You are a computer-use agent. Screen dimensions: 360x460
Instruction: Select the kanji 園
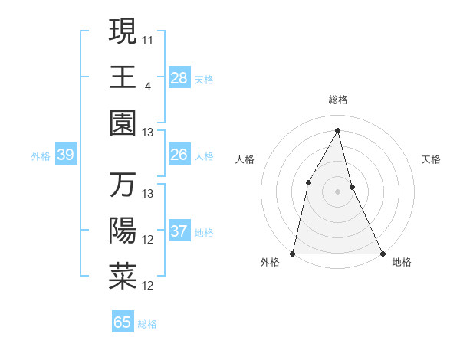(123, 124)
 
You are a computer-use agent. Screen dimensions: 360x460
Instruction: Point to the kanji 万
(123, 185)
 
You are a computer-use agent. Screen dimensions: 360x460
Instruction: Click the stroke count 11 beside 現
(148, 38)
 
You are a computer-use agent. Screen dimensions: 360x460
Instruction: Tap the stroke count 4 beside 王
(147, 85)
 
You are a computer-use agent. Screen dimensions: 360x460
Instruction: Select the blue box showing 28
(179, 78)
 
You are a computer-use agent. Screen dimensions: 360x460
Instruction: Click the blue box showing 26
(179, 155)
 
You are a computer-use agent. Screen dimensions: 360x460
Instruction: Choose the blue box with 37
(179, 231)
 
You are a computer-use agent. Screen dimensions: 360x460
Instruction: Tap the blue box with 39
(65, 155)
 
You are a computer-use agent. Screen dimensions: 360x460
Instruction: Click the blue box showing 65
(123, 322)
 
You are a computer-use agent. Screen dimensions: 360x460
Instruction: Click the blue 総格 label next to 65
(147, 324)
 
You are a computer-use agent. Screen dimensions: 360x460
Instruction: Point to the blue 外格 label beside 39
(41, 156)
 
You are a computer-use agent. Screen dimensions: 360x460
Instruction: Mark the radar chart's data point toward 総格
(337, 129)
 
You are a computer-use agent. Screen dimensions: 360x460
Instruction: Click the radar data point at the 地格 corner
(382, 253)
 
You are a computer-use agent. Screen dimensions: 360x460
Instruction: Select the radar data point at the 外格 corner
(293, 253)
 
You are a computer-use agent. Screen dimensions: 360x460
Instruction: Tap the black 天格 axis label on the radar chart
(432, 159)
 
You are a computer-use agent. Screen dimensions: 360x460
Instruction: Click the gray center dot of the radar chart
(337, 191)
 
